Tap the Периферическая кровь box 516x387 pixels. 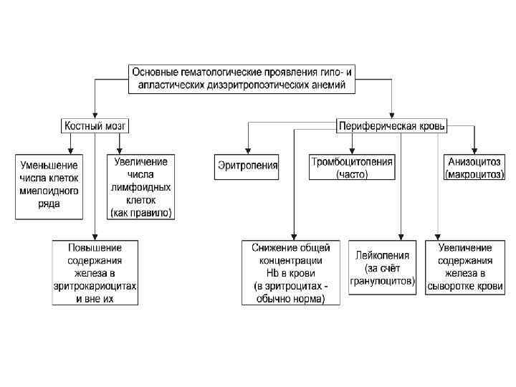(391, 126)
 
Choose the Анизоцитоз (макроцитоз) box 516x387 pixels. (475, 168)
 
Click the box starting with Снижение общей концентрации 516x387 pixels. (290, 273)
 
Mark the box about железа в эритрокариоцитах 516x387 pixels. (95, 273)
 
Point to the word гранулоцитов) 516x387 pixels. (383, 282)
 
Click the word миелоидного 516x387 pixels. (49, 191)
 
